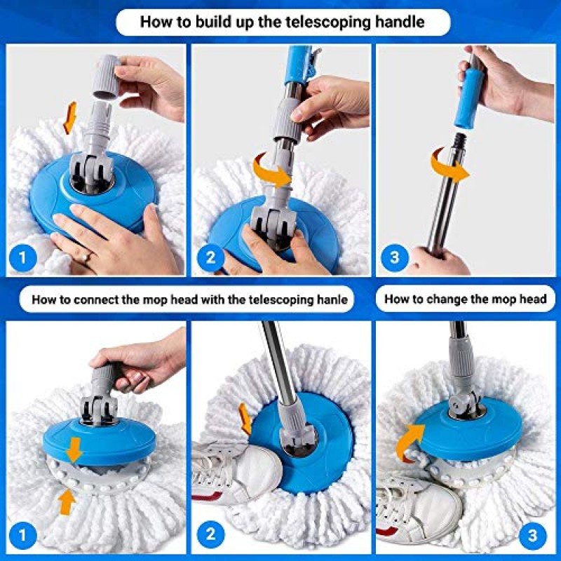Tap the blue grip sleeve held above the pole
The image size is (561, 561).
(x=470, y=96)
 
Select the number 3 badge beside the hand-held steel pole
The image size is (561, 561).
(x=394, y=257)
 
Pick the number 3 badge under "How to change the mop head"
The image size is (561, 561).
(x=532, y=535)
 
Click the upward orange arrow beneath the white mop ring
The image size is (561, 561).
(x=67, y=501)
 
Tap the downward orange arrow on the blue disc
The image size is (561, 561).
(x=74, y=449)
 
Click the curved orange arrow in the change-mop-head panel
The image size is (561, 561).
(x=409, y=441)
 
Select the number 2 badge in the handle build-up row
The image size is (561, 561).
(x=211, y=257)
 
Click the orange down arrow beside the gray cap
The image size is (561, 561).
(x=70, y=117)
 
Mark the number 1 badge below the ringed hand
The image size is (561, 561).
(x=23, y=257)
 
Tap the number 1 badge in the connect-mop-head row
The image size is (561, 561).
(x=23, y=535)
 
